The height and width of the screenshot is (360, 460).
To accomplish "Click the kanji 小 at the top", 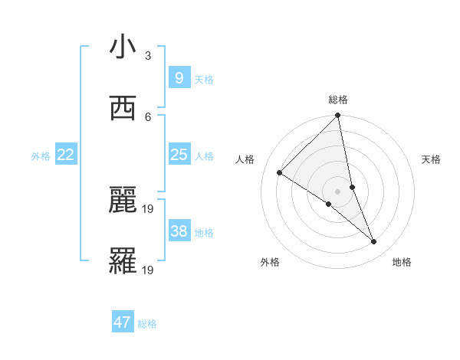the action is point(123,47).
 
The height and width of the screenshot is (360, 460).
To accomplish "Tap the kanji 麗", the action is point(123,200).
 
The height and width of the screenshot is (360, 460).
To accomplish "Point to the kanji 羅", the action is point(123,262).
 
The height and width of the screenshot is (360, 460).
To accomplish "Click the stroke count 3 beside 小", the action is point(148,56).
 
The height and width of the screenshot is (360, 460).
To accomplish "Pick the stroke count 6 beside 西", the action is point(148,116).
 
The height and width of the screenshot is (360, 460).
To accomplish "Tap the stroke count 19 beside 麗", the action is point(149,208).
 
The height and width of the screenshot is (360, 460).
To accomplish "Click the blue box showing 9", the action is point(179,77).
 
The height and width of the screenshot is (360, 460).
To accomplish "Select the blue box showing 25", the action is point(179,155).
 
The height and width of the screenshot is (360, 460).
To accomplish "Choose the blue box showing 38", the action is point(179,231).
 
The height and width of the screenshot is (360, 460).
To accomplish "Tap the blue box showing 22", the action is point(66,155).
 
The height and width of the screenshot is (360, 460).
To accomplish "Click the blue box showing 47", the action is point(123,322).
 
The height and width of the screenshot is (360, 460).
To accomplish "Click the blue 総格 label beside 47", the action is point(147,324).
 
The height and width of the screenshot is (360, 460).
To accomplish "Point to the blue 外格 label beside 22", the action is point(41,156).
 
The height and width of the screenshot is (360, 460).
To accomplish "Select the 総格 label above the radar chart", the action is point(338,100).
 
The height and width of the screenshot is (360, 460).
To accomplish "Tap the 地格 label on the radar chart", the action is point(402,262).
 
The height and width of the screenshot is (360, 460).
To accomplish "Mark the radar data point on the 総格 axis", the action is point(338,116).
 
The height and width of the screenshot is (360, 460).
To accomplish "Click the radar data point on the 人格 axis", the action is point(280,172).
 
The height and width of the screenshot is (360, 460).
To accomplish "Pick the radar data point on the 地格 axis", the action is point(374,241).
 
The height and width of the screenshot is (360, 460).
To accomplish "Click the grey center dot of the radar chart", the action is point(338,191).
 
